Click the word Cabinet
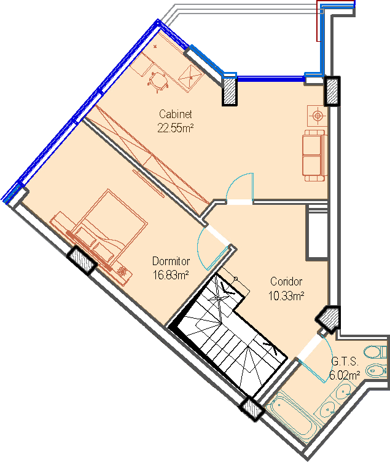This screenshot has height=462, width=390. (x=176, y=114)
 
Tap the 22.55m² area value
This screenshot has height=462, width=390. (x=175, y=128)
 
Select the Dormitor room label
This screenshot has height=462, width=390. (x=171, y=261)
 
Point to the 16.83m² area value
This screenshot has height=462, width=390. (x=171, y=275)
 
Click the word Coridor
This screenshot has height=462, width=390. (x=286, y=282)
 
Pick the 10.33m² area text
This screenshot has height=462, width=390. (x=286, y=296)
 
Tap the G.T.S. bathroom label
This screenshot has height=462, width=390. (x=345, y=361)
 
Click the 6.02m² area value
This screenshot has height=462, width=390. (x=345, y=375)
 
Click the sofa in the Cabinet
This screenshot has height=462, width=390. (x=314, y=155)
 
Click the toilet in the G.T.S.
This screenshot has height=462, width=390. (x=375, y=352)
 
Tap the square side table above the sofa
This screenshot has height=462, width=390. (x=317, y=115)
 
